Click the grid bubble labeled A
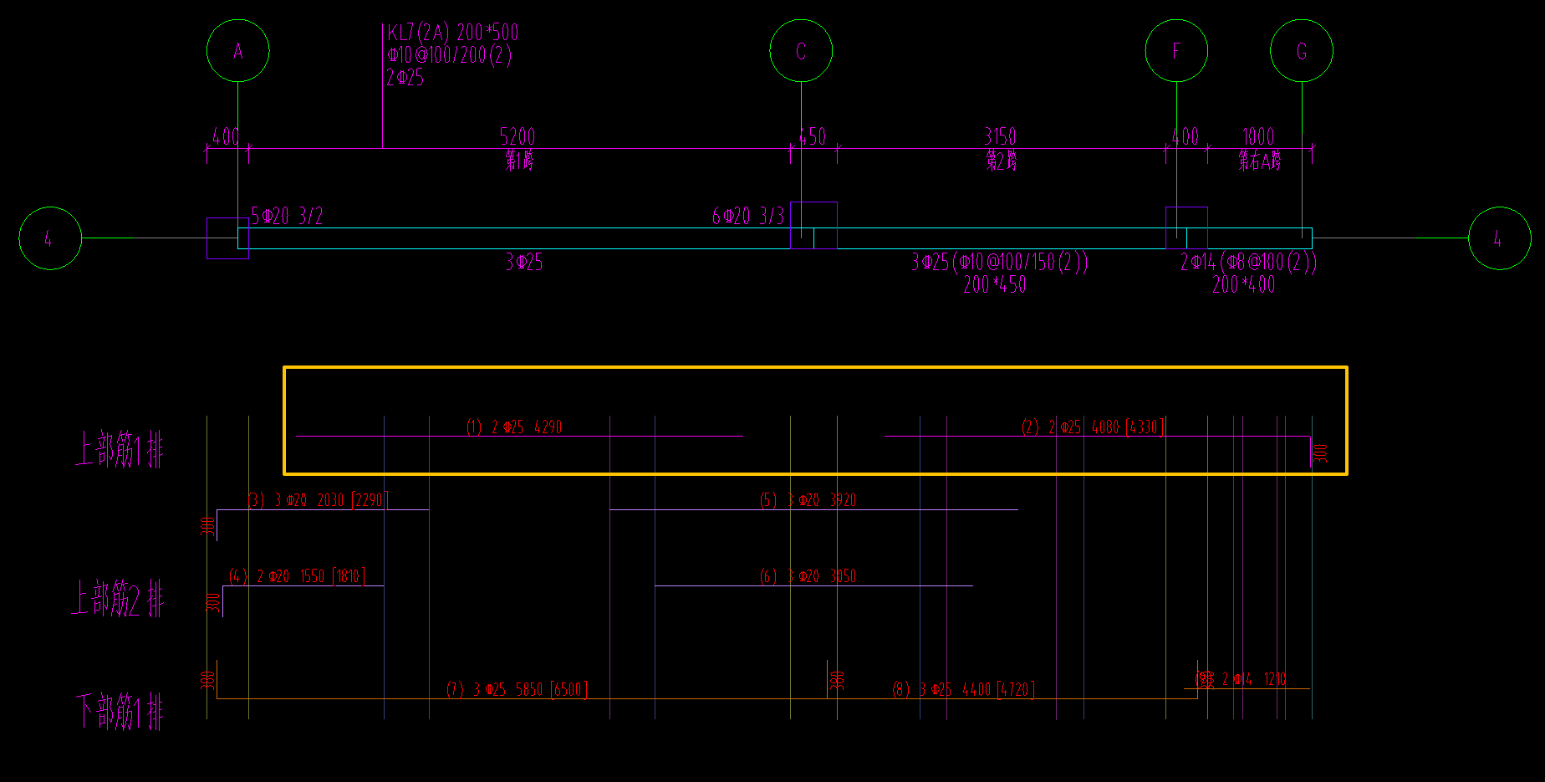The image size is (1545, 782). click(x=238, y=51)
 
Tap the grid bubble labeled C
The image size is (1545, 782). click(x=801, y=51)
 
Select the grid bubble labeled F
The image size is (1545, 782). click(x=1176, y=51)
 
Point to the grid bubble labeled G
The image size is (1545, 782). click(x=1302, y=51)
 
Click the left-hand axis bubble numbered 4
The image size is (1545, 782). click(x=50, y=238)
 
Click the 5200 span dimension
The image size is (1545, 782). click(x=518, y=136)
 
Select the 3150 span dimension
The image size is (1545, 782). click(x=1000, y=136)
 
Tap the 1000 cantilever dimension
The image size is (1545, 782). click(x=1258, y=136)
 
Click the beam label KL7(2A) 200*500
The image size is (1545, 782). click(x=452, y=33)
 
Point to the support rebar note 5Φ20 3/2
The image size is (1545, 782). click(x=287, y=216)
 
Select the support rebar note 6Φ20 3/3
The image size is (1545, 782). click(x=747, y=216)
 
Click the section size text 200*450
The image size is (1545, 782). click(x=994, y=284)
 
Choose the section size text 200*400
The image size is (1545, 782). click(x=1243, y=284)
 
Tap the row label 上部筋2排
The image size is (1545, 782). click(x=118, y=598)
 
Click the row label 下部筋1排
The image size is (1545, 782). click(x=120, y=711)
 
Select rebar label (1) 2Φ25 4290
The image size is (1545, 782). click(x=514, y=427)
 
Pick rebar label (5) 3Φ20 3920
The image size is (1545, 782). click(x=808, y=500)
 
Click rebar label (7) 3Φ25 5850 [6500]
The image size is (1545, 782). click(x=517, y=689)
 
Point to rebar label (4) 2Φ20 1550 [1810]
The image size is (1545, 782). click(x=297, y=575)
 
